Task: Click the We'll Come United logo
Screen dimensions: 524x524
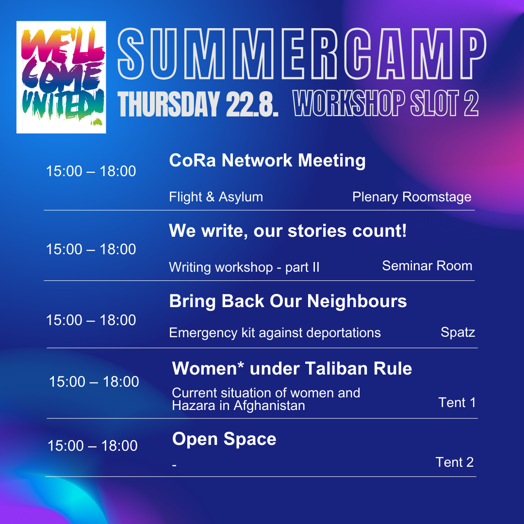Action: [x=61, y=77]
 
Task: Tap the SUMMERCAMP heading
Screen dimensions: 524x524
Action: [x=302, y=54]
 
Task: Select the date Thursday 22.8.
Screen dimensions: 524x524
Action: [x=198, y=104]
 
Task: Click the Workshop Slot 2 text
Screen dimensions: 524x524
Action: [x=386, y=103]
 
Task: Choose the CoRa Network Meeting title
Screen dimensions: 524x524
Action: [x=267, y=160]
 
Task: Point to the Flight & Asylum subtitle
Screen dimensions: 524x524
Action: [x=216, y=197]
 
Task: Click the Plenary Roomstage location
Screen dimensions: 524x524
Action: [x=412, y=197]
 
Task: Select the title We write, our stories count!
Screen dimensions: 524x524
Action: [x=288, y=230]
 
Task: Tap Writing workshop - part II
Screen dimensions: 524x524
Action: [x=244, y=267]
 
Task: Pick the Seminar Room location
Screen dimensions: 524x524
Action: [x=427, y=266]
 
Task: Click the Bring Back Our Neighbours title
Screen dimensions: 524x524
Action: [x=288, y=301]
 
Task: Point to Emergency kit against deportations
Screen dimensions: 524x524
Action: [x=275, y=333]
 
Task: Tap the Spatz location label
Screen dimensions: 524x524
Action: [x=458, y=332]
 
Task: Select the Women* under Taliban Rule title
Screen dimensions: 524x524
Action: [x=292, y=368]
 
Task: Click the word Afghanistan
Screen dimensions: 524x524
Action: [x=269, y=406]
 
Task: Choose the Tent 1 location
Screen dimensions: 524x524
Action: [x=457, y=403]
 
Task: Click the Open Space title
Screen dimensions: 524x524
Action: [x=224, y=439]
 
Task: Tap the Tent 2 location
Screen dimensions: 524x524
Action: [x=455, y=462]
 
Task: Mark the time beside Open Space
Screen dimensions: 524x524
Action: [x=93, y=446]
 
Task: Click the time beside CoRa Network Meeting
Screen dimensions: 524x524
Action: [x=91, y=171]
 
